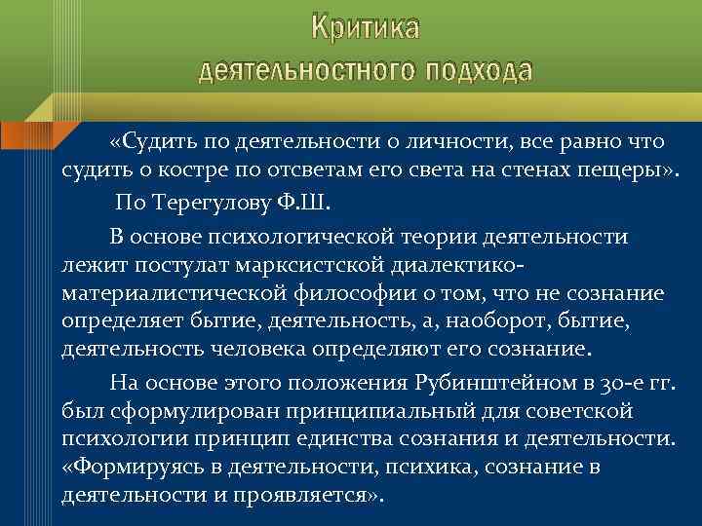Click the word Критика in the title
point(366,28)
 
